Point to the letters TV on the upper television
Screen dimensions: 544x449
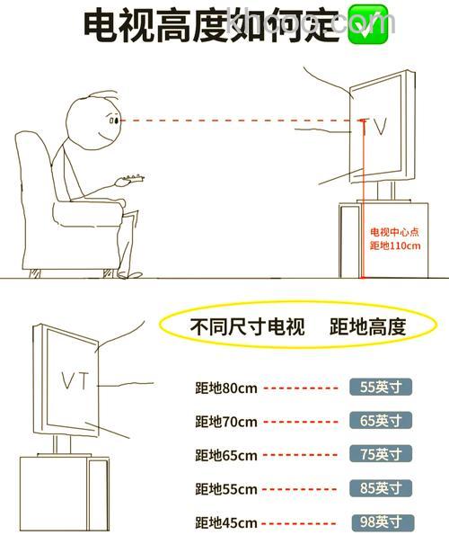point(374,127)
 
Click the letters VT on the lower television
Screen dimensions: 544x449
point(75,380)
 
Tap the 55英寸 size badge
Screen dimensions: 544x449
point(381,388)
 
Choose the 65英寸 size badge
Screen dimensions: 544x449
point(381,421)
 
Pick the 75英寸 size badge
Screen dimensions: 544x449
point(381,454)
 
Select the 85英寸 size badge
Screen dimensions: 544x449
point(381,488)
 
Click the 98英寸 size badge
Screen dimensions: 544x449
point(381,522)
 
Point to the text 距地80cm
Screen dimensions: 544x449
point(226,388)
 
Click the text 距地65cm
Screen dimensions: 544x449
point(226,455)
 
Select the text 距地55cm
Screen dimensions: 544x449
point(226,489)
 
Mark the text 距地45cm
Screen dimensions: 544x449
point(226,522)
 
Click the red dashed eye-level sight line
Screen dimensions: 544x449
point(233,120)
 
